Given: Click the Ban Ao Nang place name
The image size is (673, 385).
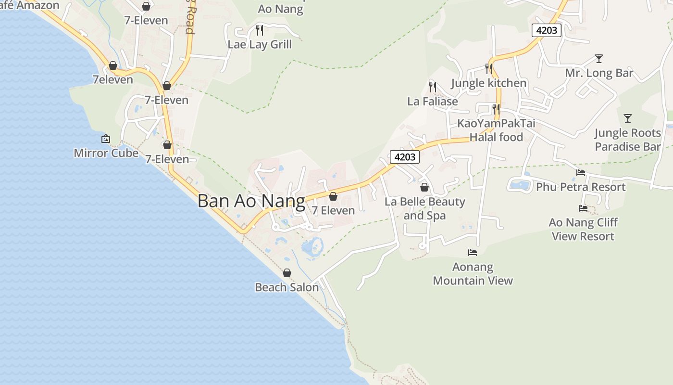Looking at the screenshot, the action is tap(251, 201).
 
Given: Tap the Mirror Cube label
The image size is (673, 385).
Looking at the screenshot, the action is tap(106, 153).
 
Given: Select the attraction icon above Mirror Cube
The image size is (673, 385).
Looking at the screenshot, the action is tap(106, 139).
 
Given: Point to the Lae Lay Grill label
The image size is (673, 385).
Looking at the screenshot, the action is tap(260, 45).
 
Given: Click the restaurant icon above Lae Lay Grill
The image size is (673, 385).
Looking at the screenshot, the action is tap(260, 30).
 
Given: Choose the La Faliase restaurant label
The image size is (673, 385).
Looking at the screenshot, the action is tap(433, 102).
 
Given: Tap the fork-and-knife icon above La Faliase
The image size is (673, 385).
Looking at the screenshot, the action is tap(433, 87).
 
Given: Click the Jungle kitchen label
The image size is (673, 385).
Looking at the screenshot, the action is tap(488, 83).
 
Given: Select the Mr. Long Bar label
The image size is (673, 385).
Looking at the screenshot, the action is tap(599, 73).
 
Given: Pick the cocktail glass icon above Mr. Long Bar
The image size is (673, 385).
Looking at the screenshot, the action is tap(598, 59).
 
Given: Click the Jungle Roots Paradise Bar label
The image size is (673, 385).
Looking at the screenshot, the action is tap(627, 140).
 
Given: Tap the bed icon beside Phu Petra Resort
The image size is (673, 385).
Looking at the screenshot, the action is tap(581, 173).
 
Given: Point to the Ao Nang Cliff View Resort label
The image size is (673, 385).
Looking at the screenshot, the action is tap(583, 229).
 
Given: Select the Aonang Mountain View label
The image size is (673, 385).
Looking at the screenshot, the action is tap(473, 273).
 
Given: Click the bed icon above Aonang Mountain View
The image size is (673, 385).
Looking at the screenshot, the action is tap(473, 253).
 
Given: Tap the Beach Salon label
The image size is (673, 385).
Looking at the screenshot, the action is tap(287, 287).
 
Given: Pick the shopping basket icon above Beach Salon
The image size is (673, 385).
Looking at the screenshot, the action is tap(287, 273).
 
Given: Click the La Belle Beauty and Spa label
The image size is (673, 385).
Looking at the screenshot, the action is tap(424, 208).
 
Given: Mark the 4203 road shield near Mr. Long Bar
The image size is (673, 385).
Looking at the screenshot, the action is tap(547, 30).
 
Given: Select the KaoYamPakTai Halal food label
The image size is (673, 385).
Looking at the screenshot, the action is tap(496, 130).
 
